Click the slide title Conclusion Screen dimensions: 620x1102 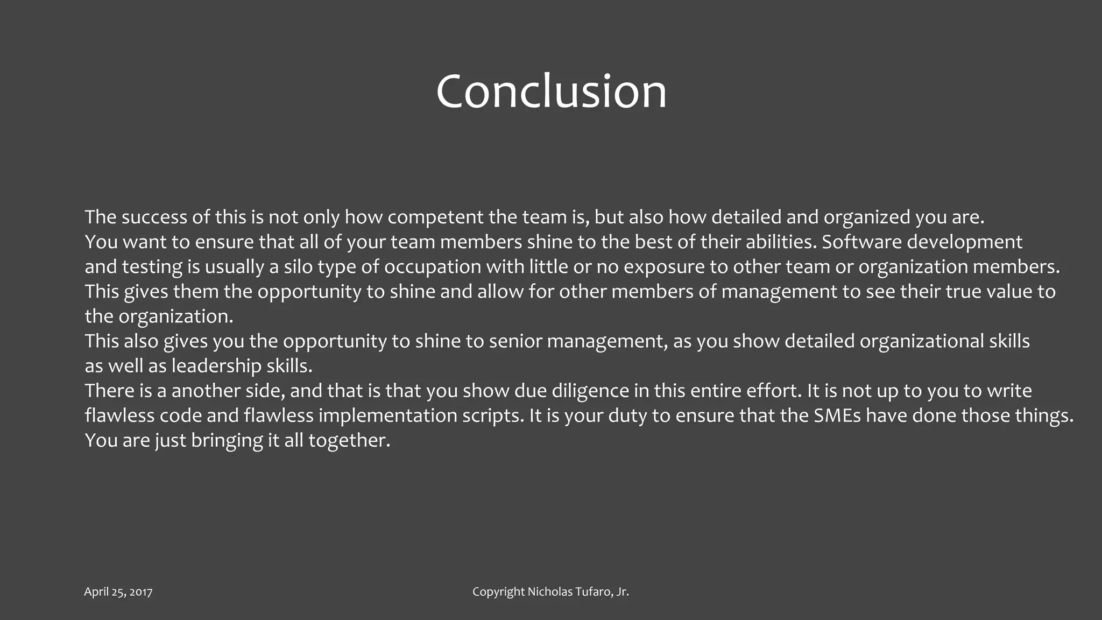click(551, 91)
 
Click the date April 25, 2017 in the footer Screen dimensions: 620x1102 click(118, 592)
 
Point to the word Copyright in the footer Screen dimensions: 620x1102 click(498, 592)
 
